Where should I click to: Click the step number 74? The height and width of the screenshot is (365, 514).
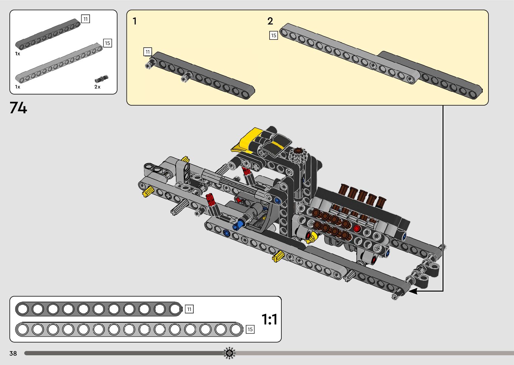tap(18, 108)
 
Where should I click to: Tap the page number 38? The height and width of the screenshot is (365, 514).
tap(13, 353)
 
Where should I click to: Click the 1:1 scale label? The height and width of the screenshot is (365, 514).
tap(269, 319)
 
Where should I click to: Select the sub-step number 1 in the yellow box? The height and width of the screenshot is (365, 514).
tap(135, 21)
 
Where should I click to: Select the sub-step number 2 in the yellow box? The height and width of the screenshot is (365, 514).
tap(270, 21)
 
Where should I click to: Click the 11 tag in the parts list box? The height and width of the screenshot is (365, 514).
tap(86, 19)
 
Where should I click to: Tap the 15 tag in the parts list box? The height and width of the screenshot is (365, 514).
tap(107, 43)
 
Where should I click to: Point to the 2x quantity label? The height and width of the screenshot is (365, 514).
tap(97, 87)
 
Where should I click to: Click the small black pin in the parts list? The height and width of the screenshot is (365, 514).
tap(101, 79)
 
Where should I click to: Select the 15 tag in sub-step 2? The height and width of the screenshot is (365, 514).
tap(274, 35)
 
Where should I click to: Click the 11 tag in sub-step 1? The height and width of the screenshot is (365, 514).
tap(148, 52)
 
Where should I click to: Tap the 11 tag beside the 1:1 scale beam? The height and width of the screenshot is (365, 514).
tap(189, 309)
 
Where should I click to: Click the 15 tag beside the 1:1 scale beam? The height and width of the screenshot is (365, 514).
tap(250, 329)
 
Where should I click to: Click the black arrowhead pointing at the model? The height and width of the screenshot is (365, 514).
tap(413, 291)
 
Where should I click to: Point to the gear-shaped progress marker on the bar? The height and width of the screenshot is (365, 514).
tap(229, 353)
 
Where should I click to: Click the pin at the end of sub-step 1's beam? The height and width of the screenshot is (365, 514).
tap(149, 64)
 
